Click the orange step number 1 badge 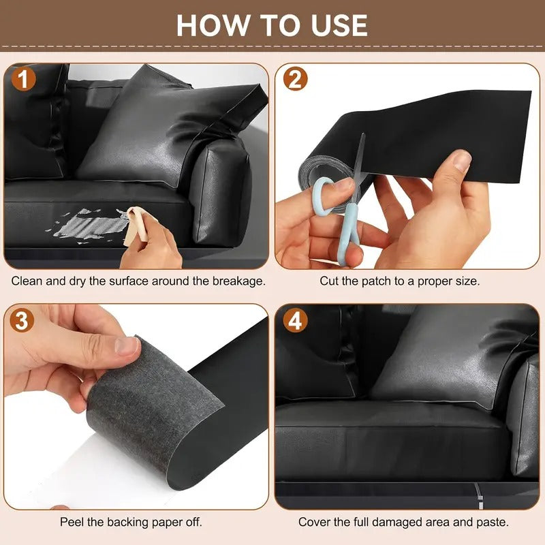[24, 79]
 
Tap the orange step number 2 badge [295, 79]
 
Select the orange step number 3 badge [22, 320]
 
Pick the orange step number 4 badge [295, 320]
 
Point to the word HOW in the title [213, 25]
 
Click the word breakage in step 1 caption [239, 281]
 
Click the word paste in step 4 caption [493, 522]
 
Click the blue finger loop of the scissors [322, 196]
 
